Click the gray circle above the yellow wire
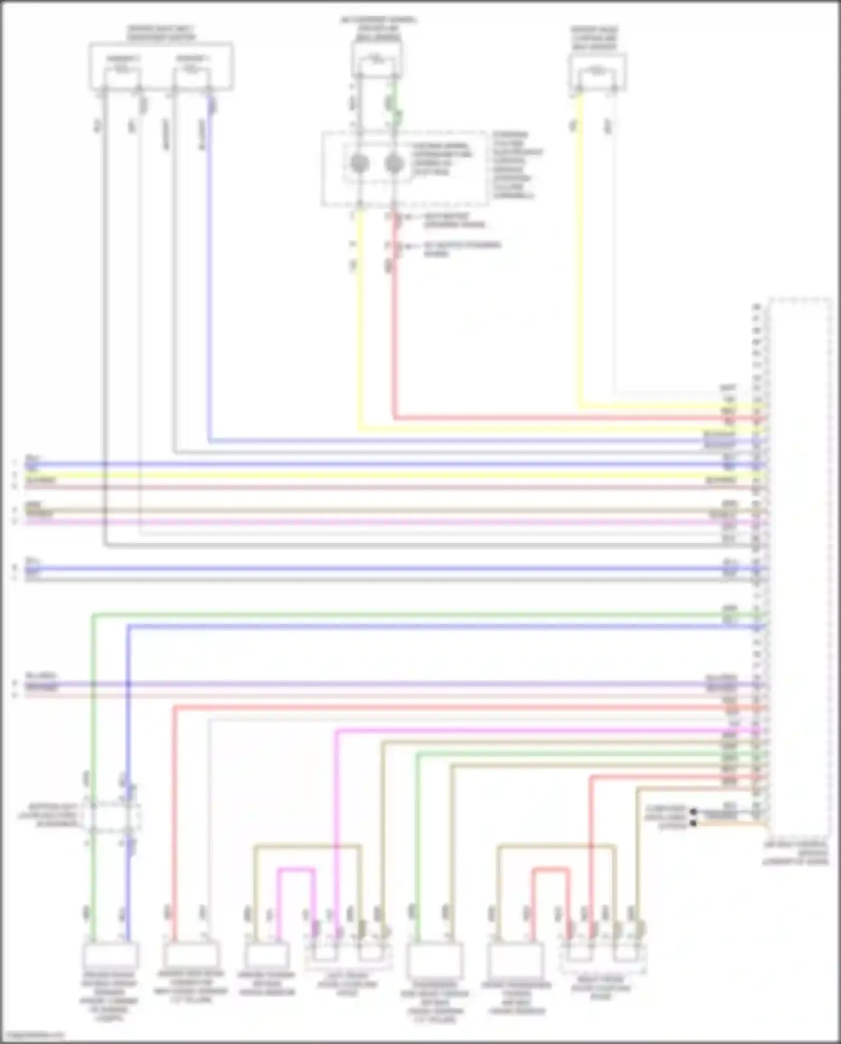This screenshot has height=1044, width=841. coord(359,164)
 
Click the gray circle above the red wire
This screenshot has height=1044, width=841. coord(395,164)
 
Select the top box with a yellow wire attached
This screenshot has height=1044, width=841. coord(597,72)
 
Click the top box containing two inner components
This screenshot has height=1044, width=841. coord(161,66)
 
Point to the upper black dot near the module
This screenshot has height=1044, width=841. coord(694,811)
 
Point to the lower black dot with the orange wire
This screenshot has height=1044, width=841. coord(694,823)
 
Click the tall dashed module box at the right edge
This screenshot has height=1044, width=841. coord(800,567)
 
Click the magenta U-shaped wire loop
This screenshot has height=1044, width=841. coord(296,871)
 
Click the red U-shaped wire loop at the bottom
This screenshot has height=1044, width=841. coord(551,870)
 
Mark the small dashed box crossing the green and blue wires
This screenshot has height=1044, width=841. coord(111,815)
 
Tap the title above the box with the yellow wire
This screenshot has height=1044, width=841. coord(594,38)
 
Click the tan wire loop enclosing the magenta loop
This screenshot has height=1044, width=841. coord(307,845)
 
